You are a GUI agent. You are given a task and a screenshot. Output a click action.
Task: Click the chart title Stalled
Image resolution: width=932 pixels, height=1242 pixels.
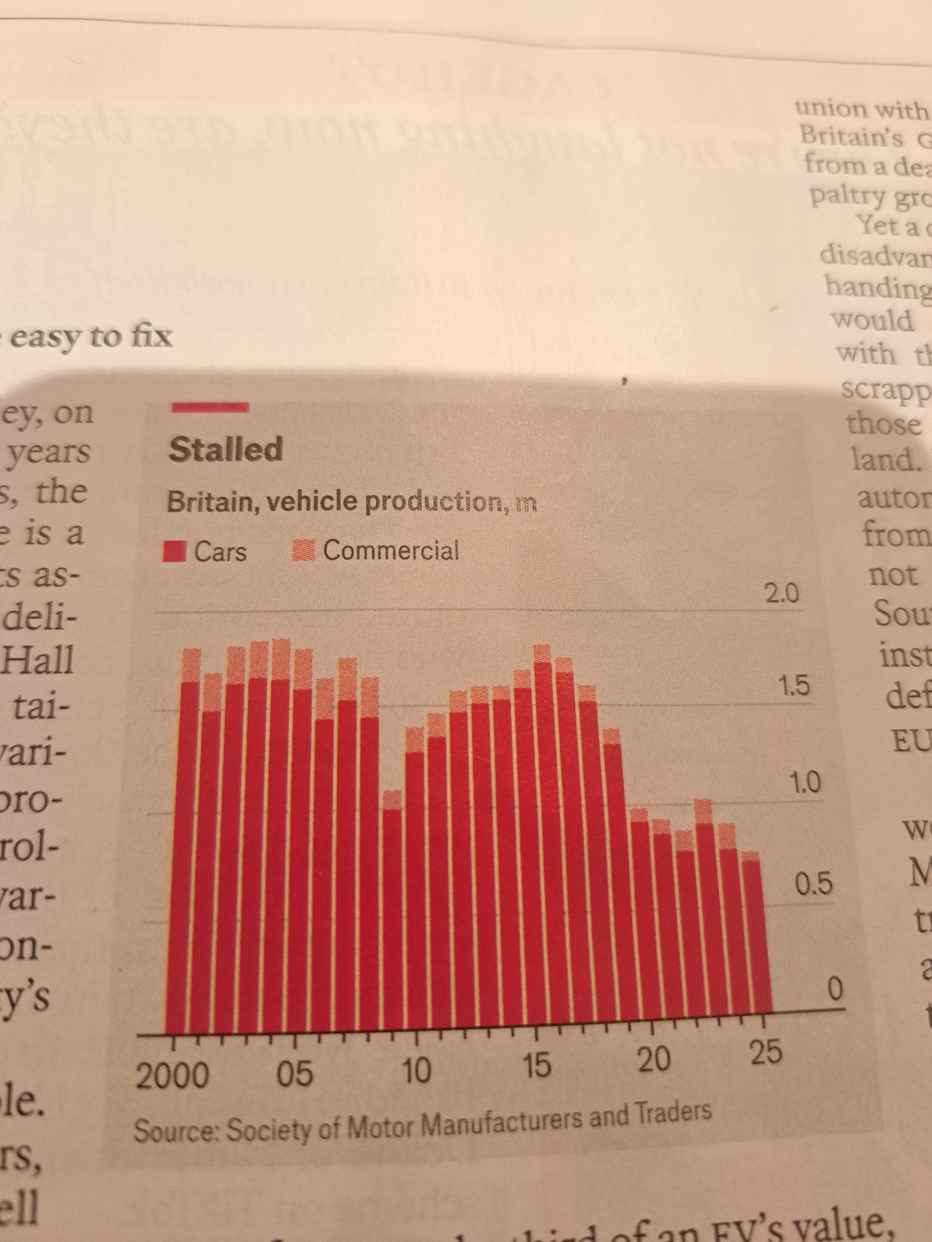tap(226, 449)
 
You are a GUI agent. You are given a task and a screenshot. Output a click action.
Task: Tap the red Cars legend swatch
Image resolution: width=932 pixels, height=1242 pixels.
tap(175, 551)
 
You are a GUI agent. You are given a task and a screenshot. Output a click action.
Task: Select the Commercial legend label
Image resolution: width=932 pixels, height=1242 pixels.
tap(390, 550)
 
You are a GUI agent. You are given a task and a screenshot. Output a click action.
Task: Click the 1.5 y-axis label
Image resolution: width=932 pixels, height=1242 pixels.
tap(794, 686)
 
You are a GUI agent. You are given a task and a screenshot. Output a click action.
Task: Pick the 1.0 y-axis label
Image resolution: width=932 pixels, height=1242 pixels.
tap(805, 782)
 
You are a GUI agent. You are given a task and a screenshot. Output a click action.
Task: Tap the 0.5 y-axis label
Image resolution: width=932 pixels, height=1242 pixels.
tap(814, 883)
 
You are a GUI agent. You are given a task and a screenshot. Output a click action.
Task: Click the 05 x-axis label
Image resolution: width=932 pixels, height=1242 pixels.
tap(295, 1073)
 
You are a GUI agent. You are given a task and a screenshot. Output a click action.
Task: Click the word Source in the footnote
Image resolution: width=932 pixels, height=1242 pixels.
tap(174, 1131)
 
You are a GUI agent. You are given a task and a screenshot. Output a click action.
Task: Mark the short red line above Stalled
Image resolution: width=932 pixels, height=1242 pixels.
tap(210, 407)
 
